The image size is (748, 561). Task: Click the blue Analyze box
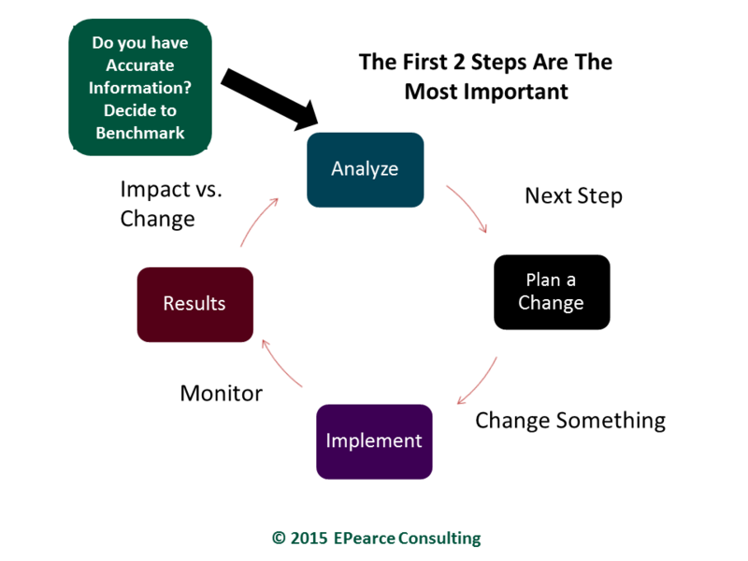tap(365, 170)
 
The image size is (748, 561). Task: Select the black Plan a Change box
tap(552, 292)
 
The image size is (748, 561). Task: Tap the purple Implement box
tap(375, 441)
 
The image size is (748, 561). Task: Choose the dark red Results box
tap(195, 305)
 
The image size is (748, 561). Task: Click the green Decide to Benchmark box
tap(140, 87)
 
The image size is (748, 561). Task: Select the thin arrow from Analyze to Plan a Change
tap(470, 206)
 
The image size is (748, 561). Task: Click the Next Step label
tap(573, 195)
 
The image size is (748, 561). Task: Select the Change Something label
tap(570, 421)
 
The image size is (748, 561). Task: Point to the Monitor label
tap(222, 394)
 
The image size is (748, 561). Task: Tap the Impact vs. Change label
tap(171, 204)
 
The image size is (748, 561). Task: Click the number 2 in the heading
tap(458, 62)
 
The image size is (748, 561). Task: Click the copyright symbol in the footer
tap(279, 539)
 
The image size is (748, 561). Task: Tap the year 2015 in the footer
tap(309, 539)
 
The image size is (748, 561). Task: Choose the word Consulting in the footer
tap(439, 539)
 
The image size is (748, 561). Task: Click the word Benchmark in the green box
tap(140, 133)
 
